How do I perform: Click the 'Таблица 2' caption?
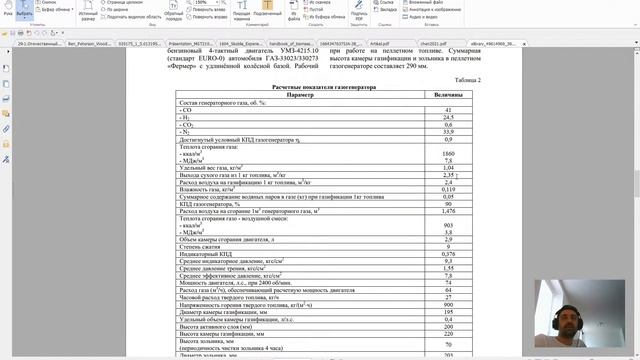[467, 79]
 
